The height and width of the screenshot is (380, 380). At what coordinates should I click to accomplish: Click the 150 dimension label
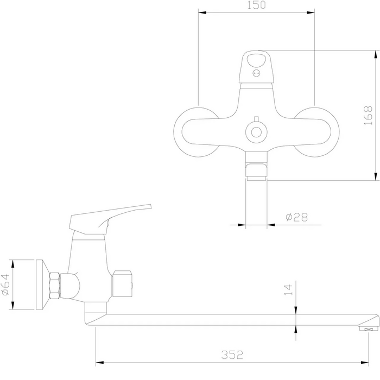tap(256, 5)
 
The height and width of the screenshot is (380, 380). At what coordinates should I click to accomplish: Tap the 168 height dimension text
tap(368, 115)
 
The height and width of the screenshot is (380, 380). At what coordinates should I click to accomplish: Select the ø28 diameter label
tap(296, 217)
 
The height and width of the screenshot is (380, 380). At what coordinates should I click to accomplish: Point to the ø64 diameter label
tap(5, 284)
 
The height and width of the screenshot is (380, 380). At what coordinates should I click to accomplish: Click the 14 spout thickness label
tap(288, 289)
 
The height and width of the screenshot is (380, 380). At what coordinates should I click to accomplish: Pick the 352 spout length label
tap(232, 355)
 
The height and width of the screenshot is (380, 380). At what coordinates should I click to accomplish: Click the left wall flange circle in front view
tap(198, 132)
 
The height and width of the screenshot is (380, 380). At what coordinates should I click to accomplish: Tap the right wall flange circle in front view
tap(314, 132)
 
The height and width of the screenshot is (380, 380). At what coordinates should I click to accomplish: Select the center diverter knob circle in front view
tap(256, 132)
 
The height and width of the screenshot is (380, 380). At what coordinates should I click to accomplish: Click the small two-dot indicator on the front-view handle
tap(256, 73)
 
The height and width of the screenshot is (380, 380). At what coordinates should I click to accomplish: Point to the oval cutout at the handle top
tap(256, 60)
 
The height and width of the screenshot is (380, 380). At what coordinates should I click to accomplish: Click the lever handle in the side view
tap(110, 219)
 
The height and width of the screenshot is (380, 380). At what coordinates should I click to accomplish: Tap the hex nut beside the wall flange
tap(54, 285)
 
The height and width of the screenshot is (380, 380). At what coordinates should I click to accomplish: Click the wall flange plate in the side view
tap(43, 284)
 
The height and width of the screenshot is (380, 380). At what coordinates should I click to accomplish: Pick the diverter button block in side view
tap(122, 283)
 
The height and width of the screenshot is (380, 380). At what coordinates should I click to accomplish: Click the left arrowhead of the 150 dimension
tap(202, 12)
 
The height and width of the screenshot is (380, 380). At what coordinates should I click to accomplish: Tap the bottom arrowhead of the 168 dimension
tap(376, 176)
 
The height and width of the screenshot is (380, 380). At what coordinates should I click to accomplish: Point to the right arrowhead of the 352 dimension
tap(364, 363)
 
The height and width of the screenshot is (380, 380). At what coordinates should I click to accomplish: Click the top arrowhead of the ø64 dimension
tap(12, 264)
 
